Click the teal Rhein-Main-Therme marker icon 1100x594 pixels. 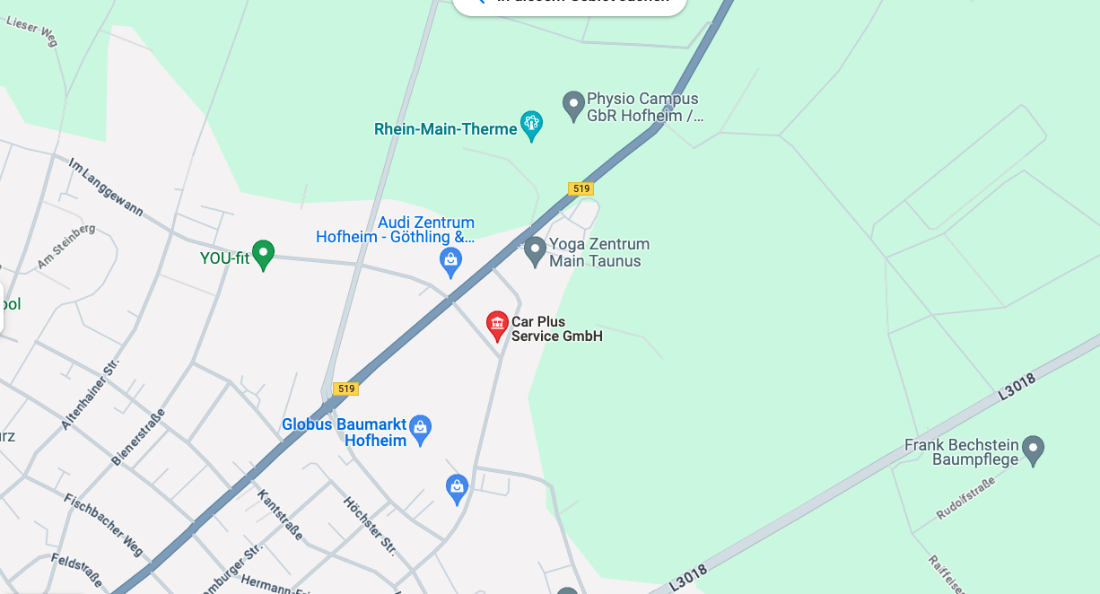532,125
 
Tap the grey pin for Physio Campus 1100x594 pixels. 573,106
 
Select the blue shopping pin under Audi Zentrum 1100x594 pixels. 450,261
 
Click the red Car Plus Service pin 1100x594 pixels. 497,326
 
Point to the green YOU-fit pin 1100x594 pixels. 263,255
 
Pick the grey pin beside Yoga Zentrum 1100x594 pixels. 535,250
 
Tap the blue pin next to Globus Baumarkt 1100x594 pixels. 421,430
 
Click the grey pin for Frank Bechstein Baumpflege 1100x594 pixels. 1034,450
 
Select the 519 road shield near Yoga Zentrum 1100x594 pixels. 581,188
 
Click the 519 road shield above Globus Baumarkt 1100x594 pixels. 345,389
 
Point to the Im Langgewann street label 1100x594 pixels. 106,188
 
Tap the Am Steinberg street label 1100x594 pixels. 66,246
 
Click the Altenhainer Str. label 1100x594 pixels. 91,392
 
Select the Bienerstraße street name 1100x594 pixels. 138,437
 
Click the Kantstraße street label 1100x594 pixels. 280,514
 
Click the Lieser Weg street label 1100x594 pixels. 33,24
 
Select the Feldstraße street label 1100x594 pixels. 76,572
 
